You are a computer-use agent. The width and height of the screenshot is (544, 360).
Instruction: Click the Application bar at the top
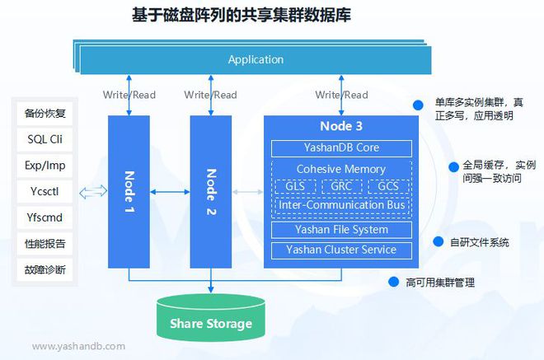[256, 59]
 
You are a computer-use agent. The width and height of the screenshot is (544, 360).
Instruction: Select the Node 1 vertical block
[129, 191]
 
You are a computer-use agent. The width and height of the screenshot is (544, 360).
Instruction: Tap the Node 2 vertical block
[210, 191]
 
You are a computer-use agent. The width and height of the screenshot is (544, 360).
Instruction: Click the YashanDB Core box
[341, 149]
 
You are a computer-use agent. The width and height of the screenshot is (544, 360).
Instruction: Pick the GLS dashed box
[294, 186]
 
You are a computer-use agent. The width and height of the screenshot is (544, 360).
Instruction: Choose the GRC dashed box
[341, 186]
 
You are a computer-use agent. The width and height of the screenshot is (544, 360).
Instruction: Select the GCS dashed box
[388, 186]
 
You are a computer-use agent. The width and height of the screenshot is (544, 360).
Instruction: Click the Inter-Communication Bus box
[341, 203]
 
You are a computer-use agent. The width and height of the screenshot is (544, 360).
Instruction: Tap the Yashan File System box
[341, 230]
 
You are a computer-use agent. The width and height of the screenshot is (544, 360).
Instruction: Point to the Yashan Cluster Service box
[341, 250]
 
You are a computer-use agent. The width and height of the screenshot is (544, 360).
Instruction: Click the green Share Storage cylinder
[211, 322]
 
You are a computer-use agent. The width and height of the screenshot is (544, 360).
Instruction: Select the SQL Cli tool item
[45, 138]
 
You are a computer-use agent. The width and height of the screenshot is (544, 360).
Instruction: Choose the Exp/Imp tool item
[45, 165]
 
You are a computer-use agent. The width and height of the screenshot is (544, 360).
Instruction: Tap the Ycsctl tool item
[45, 191]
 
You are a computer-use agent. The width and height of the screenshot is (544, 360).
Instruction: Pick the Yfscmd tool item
[45, 217]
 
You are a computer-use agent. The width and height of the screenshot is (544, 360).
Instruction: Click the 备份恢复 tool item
[45, 113]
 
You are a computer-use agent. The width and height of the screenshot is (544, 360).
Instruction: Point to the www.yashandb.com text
[79, 347]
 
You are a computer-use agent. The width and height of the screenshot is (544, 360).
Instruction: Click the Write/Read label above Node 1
[129, 95]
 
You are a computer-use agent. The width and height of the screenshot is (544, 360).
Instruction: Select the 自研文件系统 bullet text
[479, 242]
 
